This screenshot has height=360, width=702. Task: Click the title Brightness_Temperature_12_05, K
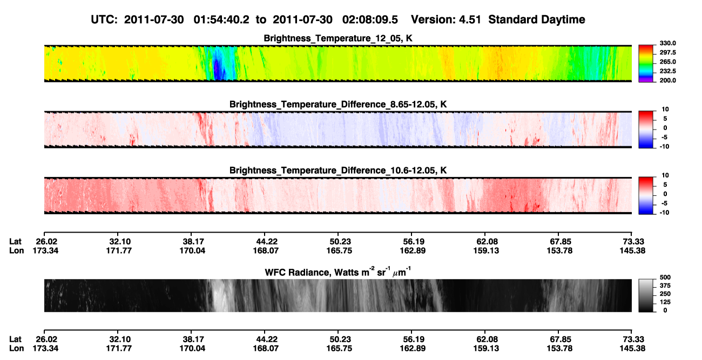point(338,38)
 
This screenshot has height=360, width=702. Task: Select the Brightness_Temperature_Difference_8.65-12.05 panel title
point(338,104)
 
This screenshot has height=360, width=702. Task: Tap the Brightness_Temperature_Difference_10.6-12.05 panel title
point(338,171)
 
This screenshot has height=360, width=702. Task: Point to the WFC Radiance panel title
point(338,272)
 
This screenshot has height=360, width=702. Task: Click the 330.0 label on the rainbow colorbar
point(667,43)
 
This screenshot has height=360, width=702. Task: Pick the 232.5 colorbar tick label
point(667,71)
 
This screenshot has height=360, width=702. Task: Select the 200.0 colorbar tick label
point(667,80)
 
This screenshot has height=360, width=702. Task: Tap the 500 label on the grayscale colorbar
point(665,277)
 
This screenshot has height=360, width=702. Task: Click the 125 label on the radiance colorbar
point(665,302)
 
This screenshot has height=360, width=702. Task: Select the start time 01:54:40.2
point(221,19)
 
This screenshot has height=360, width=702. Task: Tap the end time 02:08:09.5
point(370,19)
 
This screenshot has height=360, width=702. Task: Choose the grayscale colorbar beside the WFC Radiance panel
point(646,295)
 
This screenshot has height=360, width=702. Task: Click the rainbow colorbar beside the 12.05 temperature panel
point(646,64)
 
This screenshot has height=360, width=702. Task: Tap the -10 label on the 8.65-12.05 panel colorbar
point(665,147)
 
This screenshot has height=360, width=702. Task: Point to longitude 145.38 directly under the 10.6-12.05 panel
point(632,250)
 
